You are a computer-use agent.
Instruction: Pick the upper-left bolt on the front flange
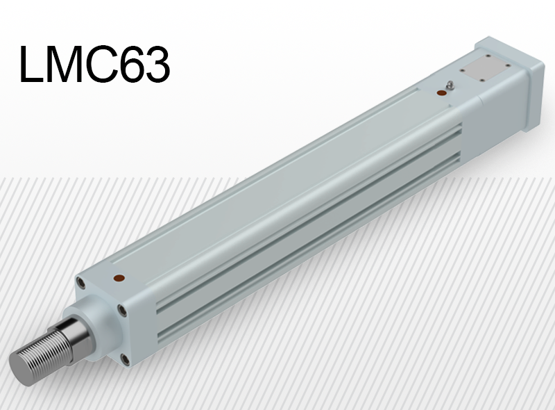(82, 284)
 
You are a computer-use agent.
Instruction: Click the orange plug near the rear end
(441, 93)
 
